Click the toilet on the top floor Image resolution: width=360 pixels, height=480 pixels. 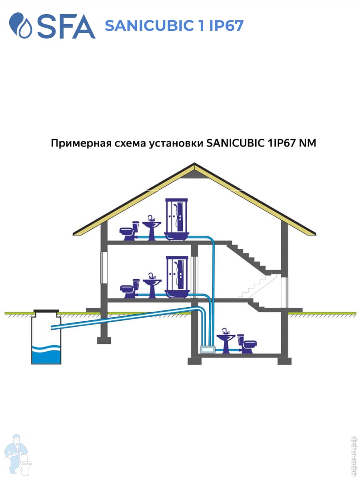tap(130, 231)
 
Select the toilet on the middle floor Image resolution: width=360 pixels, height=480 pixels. tap(130, 288)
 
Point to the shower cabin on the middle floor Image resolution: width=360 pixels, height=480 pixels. tap(176, 276)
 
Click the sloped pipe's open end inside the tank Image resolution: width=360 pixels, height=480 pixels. tap(53, 328)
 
